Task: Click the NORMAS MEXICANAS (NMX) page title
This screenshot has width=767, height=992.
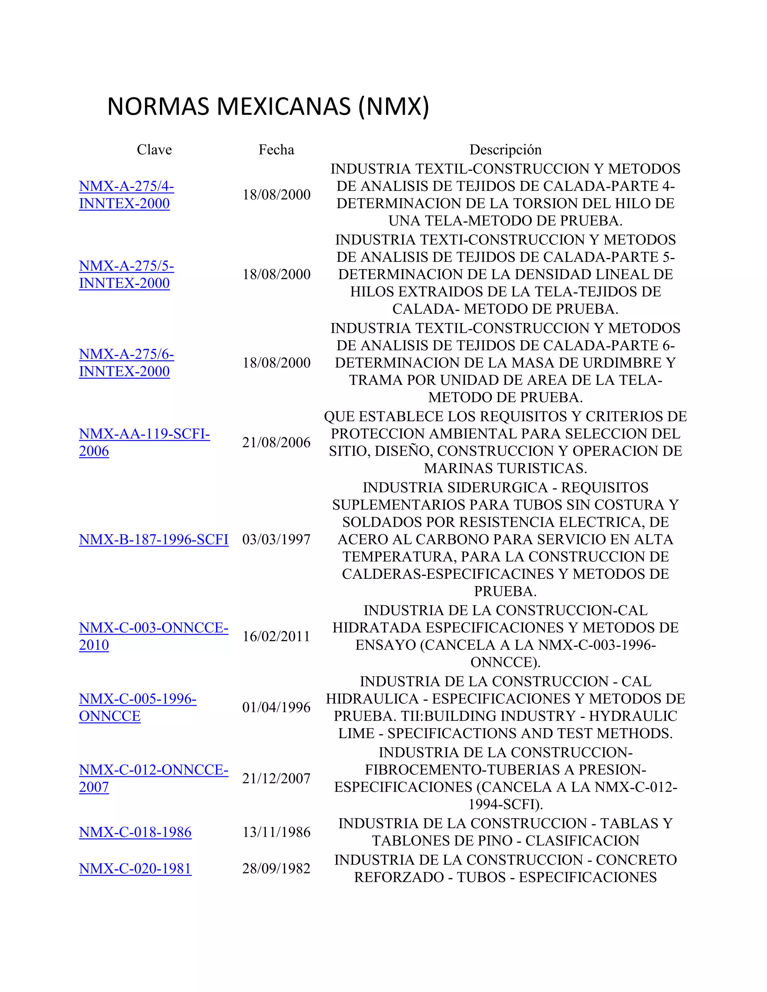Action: [x=268, y=106]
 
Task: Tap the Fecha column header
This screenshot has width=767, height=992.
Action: [x=276, y=149]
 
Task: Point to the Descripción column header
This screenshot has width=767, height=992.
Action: [x=505, y=149]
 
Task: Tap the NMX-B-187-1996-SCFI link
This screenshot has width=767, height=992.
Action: [x=154, y=539]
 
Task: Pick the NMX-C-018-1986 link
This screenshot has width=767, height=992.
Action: [x=135, y=832]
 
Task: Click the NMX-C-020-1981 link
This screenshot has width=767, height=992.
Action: [x=135, y=868]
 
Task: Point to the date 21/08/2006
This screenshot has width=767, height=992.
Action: [x=276, y=442]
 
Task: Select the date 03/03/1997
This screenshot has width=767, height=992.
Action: [x=276, y=539]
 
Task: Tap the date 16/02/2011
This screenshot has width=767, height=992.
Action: [x=276, y=636]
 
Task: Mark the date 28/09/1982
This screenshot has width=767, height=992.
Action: [x=276, y=868]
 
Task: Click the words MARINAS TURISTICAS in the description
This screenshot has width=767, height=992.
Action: [x=505, y=468]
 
